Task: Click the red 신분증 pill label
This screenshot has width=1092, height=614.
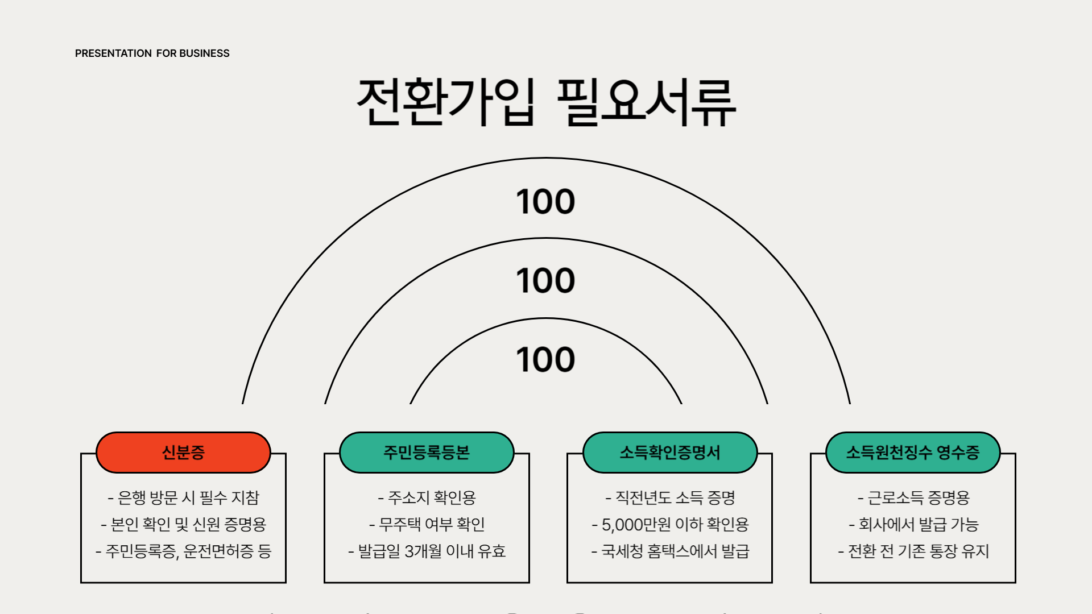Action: pyautogui.click(x=183, y=453)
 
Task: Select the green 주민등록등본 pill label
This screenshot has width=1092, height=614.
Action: pyautogui.click(x=427, y=453)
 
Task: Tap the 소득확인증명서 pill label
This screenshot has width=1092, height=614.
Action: pyautogui.click(x=670, y=453)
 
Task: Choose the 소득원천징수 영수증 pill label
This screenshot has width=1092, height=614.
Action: pyautogui.click(x=913, y=453)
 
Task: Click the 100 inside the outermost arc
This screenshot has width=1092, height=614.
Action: pyautogui.click(x=545, y=202)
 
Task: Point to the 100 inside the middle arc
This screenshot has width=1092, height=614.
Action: pyautogui.click(x=545, y=281)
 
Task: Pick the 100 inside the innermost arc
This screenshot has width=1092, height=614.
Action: pyautogui.click(x=545, y=360)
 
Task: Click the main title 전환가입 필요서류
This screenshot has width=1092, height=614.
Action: pyautogui.click(x=546, y=102)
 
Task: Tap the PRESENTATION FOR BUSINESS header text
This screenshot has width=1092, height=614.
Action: pyautogui.click(x=152, y=53)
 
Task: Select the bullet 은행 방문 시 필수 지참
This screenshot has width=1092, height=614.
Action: pyautogui.click(x=183, y=498)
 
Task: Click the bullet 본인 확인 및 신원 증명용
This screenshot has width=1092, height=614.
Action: pyautogui.click(x=183, y=524)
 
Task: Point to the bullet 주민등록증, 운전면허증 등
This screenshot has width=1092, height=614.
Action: pyautogui.click(x=183, y=551)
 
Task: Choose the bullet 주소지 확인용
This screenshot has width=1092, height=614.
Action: pyautogui.click(x=427, y=498)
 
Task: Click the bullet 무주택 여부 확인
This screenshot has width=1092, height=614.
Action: pyautogui.click(x=427, y=524)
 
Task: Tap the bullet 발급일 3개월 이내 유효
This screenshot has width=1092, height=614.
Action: pyautogui.click(x=427, y=551)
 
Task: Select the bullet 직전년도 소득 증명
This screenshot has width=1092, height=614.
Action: pyautogui.click(x=670, y=498)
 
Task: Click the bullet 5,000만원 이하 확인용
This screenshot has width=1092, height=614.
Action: pyautogui.click(x=670, y=524)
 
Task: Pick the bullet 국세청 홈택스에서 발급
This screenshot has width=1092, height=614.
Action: pyautogui.click(x=670, y=551)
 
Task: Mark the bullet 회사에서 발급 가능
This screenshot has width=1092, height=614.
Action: pyautogui.click(x=913, y=524)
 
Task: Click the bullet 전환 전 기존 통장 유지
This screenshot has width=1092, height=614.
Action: pyautogui.click(x=913, y=551)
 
